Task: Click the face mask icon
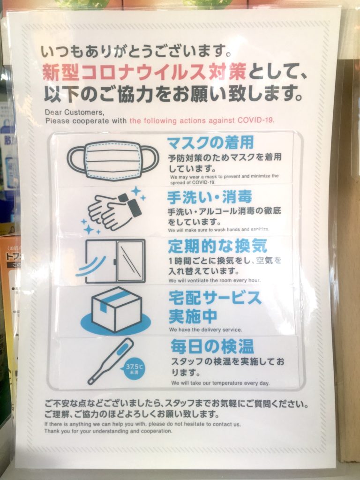112,159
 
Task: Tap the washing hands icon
113,210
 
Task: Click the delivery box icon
116,311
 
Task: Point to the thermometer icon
111,361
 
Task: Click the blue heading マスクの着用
210,142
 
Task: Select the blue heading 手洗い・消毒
210,197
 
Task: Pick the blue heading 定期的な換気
217,246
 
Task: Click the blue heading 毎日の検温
212,347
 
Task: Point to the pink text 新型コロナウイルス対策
144,72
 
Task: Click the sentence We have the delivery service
205,330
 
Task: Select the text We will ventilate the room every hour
214,280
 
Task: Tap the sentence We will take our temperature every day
220,383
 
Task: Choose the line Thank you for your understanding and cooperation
108,431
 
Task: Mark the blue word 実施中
193,316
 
